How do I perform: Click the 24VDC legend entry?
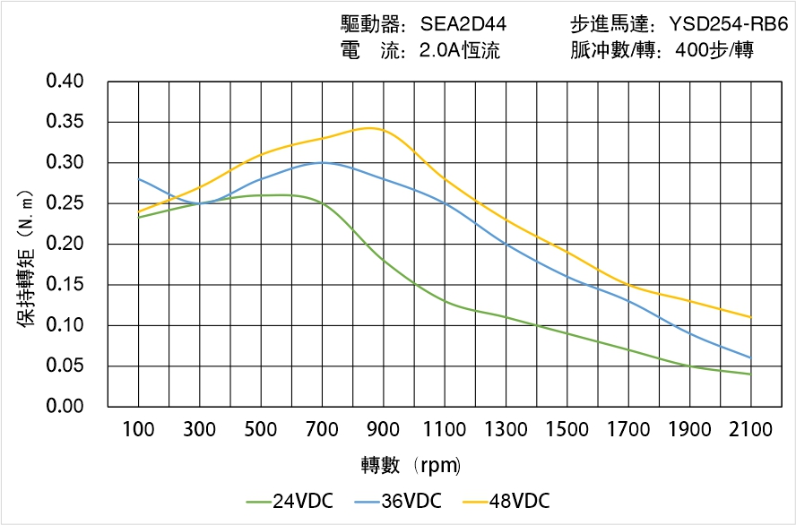[x=289, y=501]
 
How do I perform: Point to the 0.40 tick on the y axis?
[x=65, y=82]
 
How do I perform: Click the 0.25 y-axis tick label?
[x=65, y=203]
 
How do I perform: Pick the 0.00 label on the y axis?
[x=65, y=407]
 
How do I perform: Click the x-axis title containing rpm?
[x=411, y=466]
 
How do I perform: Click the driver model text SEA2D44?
[x=463, y=24]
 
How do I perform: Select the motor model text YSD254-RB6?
[x=729, y=24]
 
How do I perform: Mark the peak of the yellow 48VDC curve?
[x=369, y=128]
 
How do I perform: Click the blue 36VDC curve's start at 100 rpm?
[x=139, y=179]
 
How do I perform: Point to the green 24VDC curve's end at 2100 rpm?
[x=750, y=374]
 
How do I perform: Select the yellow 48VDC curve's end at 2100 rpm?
[x=750, y=317]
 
